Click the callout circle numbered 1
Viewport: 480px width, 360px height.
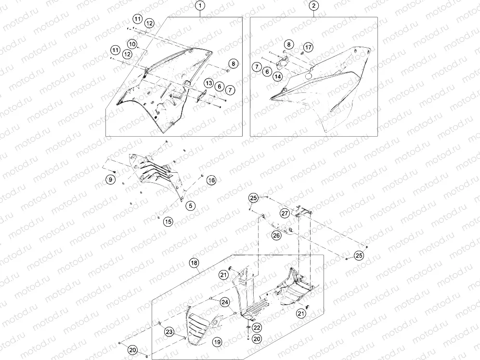(x=200, y=5)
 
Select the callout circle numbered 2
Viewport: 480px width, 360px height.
(x=314, y=5)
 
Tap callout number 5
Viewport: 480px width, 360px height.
(x=191, y=206)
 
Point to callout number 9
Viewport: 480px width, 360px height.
(x=111, y=180)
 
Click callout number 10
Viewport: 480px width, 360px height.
(x=132, y=44)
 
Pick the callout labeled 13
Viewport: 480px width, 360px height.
(x=209, y=83)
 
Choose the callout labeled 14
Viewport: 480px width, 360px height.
(x=278, y=76)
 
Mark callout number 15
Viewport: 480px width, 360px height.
(x=168, y=222)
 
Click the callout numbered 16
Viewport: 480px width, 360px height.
(x=211, y=180)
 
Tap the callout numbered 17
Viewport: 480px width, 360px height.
(x=308, y=47)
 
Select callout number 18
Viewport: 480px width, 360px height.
(x=194, y=263)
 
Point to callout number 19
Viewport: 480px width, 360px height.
(x=217, y=342)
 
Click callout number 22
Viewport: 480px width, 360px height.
(x=257, y=328)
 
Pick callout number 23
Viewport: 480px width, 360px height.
(x=169, y=332)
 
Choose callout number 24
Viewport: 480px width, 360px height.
(x=225, y=302)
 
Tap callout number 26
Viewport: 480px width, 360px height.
(x=276, y=235)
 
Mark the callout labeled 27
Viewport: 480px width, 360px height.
(x=285, y=213)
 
